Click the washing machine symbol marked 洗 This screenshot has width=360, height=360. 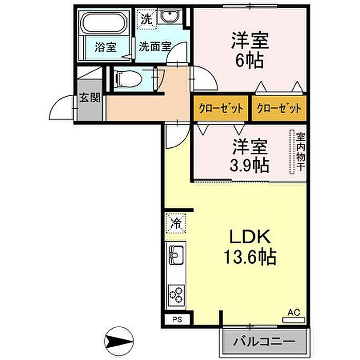(x=147, y=21)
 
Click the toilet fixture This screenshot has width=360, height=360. (x=125, y=79)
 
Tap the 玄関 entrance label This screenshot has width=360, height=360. (x=89, y=98)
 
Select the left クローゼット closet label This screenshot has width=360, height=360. (x=221, y=109)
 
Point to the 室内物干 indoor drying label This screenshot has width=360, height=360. (x=300, y=153)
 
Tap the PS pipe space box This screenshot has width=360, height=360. (x=176, y=319)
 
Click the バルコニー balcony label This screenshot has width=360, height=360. (x=264, y=341)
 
